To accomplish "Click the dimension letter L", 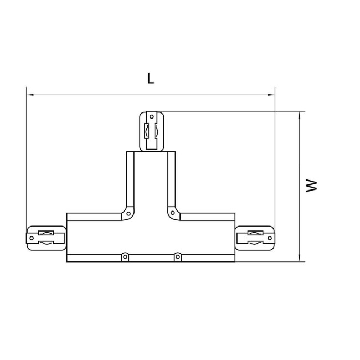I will (x=150, y=78).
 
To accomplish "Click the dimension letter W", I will (x=313, y=185).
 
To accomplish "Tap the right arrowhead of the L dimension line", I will (x=272, y=95).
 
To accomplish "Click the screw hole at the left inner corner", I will (x=128, y=213).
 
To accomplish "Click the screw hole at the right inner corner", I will (x=172, y=213).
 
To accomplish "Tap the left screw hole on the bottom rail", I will (x=125, y=256).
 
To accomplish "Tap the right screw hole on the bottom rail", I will (x=177, y=256).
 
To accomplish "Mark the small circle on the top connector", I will (x=151, y=117).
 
